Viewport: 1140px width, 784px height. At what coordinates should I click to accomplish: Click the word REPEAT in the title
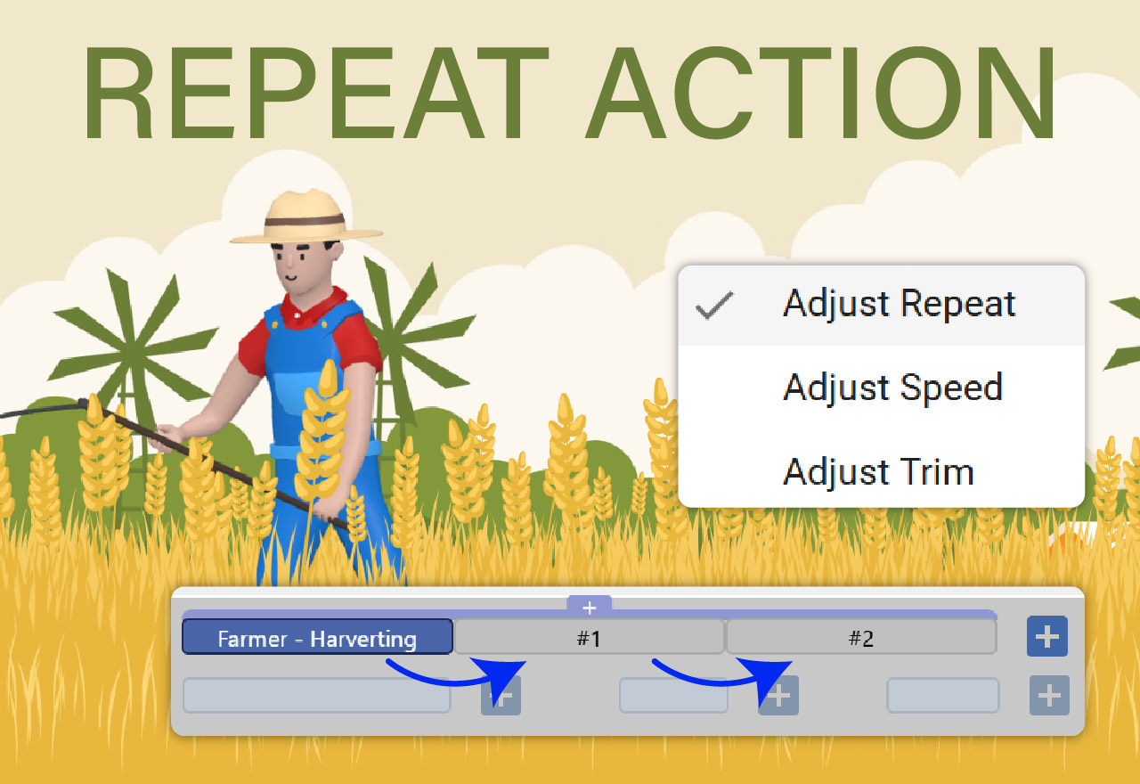pos(316,92)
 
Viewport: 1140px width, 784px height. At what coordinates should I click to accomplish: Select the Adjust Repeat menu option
pos(899,305)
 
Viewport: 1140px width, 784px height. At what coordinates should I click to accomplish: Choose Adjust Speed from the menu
pos(892,388)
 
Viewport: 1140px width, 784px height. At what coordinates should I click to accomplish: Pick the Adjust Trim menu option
pos(878,471)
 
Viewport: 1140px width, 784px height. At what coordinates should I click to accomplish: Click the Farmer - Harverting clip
pos(317,638)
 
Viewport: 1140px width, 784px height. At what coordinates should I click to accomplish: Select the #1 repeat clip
pos(589,638)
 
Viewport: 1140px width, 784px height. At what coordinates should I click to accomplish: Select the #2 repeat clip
pos(860,638)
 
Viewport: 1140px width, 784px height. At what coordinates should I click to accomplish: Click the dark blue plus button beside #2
pos(1046,637)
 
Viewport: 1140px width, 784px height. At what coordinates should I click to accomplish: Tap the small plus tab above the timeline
pos(589,607)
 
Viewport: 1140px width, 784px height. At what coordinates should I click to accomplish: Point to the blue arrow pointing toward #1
pos(459,673)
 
